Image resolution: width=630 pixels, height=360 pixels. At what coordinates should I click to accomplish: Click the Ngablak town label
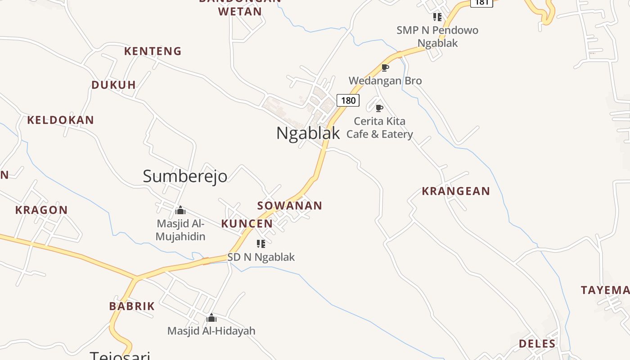tap(308, 133)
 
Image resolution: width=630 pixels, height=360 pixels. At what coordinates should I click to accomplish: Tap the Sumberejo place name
tap(185, 176)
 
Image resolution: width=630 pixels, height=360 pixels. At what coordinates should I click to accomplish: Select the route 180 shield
tap(348, 100)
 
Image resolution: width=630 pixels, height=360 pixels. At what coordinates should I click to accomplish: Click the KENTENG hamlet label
tap(153, 51)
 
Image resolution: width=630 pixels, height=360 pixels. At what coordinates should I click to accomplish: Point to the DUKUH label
tap(113, 85)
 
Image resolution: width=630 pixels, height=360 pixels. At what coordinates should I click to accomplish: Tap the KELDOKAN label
tap(60, 120)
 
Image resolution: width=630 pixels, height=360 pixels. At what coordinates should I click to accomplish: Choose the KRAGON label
tap(41, 210)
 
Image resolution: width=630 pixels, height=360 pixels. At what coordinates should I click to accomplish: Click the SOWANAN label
tap(289, 206)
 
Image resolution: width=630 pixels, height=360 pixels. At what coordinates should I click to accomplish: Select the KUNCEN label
tap(247, 224)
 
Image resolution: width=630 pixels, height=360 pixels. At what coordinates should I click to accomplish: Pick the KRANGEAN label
tap(455, 191)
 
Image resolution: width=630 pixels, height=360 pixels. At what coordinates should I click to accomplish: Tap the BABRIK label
tap(132, 306)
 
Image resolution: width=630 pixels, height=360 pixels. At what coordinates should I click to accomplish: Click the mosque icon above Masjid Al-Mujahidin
tap(180, 210)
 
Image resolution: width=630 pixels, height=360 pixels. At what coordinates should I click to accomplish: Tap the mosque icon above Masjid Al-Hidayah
tap(211, 318)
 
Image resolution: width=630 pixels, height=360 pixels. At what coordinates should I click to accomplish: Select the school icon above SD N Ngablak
tap(261, 244)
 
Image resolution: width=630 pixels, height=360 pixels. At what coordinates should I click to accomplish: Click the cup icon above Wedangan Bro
tap(385, 68)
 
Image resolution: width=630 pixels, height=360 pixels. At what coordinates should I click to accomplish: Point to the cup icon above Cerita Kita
tap(379, 108)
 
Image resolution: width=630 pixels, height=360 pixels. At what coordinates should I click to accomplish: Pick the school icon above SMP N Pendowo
tap(437, 17)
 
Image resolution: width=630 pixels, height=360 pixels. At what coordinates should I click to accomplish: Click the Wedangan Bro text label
tap(385, 81)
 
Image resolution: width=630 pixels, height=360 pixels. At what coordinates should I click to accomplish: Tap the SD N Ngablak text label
tap(261, 257)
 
